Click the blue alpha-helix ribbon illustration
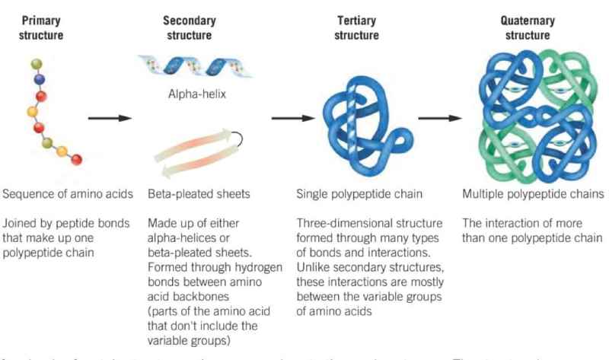[198, 69]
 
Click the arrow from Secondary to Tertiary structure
[292, 118]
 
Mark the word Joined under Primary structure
[18, 224]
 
